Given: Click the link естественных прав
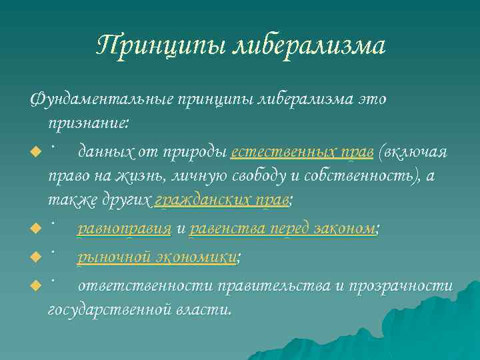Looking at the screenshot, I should click(301, 152).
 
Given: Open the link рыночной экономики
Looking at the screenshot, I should click(158, 257).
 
